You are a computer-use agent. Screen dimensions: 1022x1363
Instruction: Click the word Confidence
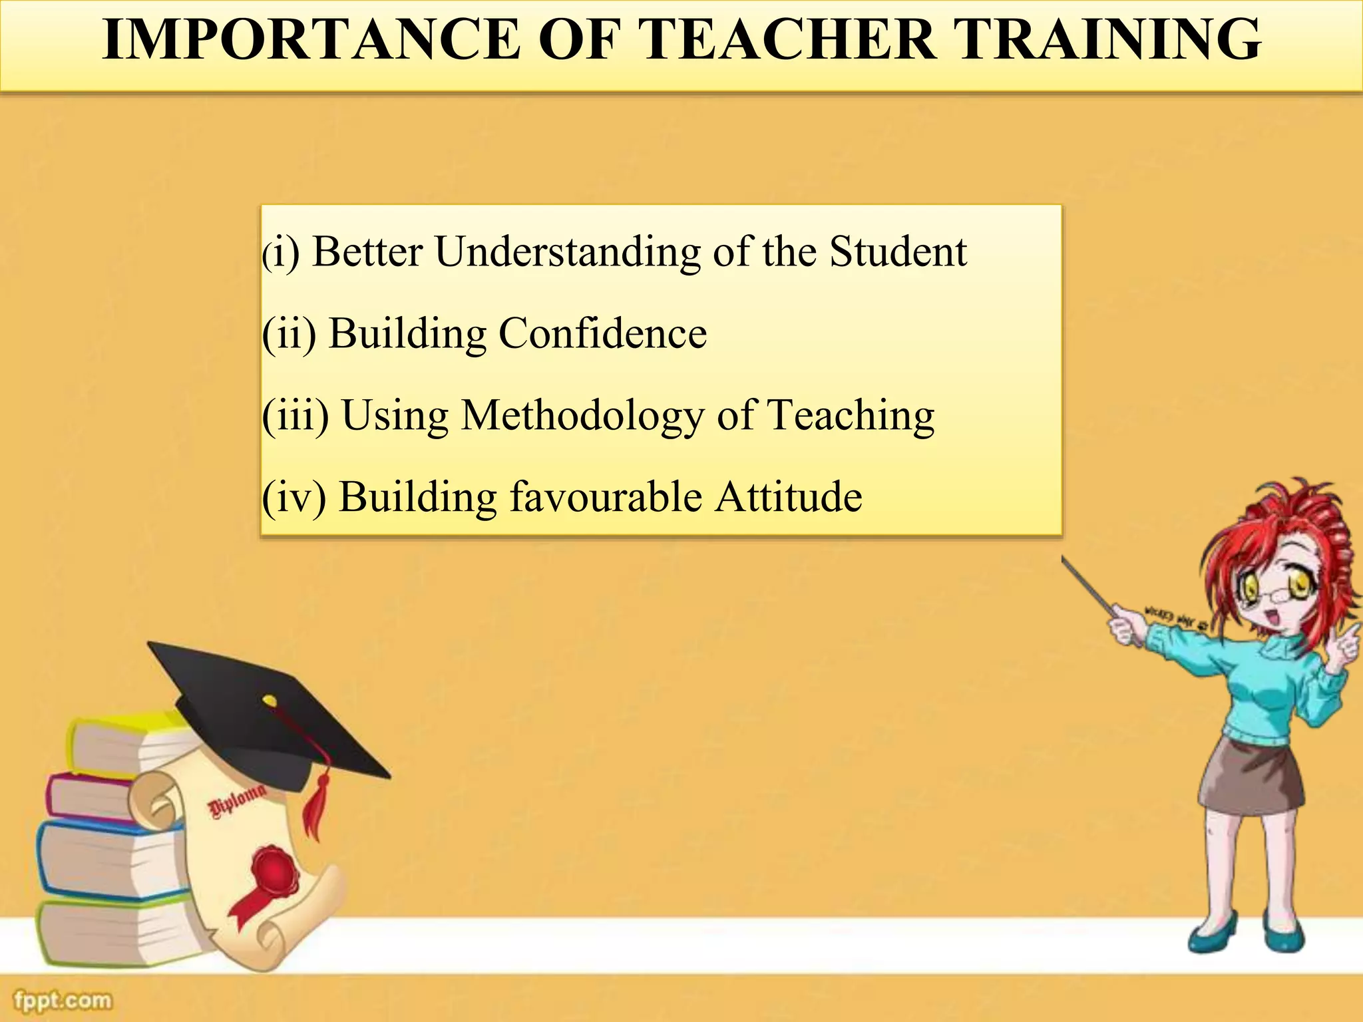click(602, 333)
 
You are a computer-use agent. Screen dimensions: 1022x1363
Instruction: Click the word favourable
click(606, 497)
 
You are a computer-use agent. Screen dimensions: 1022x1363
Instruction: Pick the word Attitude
click(789, 497)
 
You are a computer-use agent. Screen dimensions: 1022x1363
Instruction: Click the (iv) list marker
click(293, 497)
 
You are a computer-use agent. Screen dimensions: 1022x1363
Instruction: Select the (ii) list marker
click(289, 333)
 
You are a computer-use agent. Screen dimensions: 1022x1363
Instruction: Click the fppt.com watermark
click(63, 1000)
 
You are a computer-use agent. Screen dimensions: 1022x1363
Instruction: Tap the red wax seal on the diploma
click(274, 868)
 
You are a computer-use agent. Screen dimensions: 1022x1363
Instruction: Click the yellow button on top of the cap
click(269, 700)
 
